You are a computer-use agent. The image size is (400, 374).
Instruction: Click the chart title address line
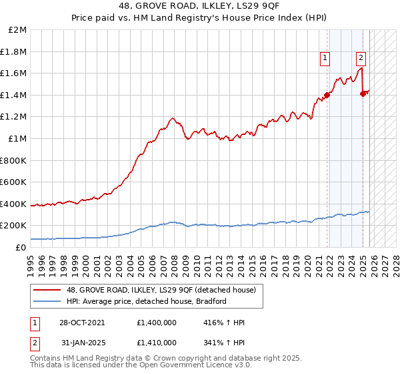[200, 7]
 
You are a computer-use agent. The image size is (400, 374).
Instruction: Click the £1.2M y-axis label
[15, 117]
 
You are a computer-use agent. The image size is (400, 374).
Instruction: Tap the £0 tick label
[21, 247]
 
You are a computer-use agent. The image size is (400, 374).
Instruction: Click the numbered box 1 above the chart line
[325, 58]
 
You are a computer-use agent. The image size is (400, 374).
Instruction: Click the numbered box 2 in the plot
[361, 58]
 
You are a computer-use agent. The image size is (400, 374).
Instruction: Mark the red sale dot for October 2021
[327, 95]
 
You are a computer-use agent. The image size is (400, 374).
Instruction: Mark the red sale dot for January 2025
[363, 93]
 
